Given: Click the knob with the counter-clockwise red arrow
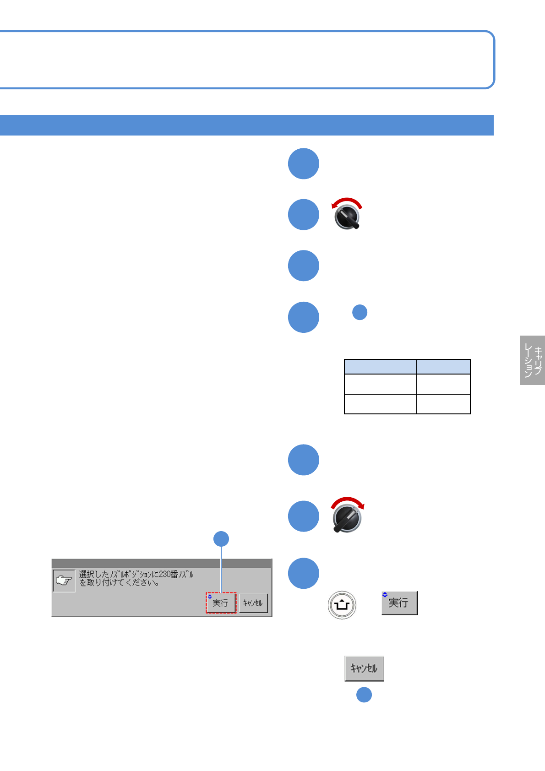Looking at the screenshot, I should click(347, 217).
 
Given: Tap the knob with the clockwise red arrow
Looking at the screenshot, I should click(347, 519).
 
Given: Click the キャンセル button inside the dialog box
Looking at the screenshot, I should click(253, 603).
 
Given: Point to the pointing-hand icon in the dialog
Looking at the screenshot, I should click(64, 581).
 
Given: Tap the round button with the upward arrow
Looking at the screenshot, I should click(342, 605).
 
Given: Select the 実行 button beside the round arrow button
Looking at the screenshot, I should click(399, 603).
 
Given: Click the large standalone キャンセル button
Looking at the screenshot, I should click(364, 668).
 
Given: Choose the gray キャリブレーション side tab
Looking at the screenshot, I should click(532, 360).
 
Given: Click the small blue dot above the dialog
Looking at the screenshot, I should click(221, 539).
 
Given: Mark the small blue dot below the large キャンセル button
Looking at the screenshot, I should click(364, 695).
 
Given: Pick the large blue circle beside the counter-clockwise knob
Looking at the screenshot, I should click(303, 214).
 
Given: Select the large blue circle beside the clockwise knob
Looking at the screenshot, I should click(303, 516).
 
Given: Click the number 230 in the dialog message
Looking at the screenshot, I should click(164, 574).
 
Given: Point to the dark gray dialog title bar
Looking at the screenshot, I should click(161, 563).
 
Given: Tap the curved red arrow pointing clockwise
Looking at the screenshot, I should click(348, 501).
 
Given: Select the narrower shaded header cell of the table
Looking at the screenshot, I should click(443, 367).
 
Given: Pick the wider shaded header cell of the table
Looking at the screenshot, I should click(380, 367).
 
